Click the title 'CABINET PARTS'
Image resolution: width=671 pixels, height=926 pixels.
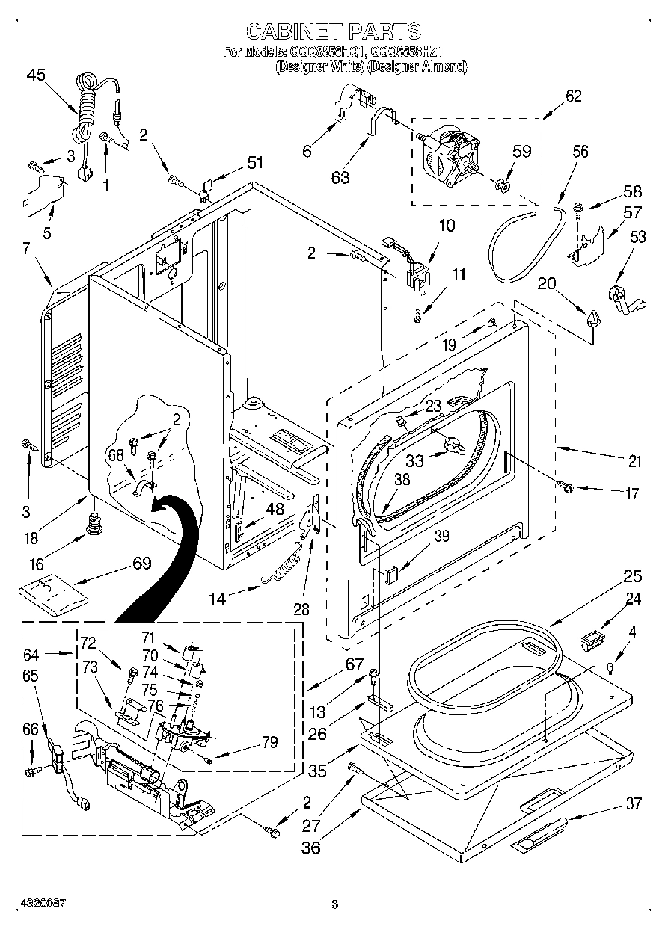tap(334, 31)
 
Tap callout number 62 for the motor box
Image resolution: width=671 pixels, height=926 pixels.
tap(573, 96)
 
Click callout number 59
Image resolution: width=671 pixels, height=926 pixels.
tap(521, 151)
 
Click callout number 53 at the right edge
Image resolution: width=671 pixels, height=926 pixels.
tap(638, 238)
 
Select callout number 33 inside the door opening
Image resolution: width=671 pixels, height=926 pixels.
tap(414, 461)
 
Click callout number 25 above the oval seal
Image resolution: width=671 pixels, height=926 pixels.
tap(633, 577)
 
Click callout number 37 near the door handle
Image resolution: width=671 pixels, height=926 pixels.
tap(634, 803)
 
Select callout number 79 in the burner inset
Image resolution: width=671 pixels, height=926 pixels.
tap(269, 742)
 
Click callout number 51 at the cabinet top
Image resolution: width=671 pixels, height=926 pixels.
tap(255, 162)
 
